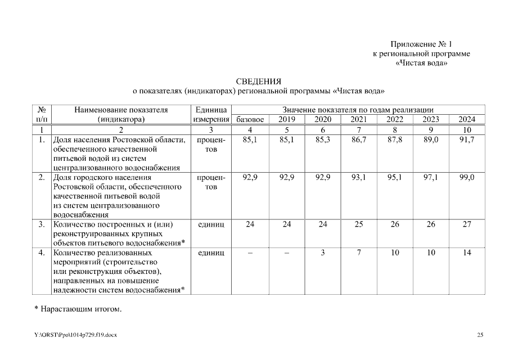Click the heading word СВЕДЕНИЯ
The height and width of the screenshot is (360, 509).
click(258, 82)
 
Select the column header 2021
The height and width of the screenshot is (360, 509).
click(359, 119)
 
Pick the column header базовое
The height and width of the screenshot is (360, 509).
click(250, 119)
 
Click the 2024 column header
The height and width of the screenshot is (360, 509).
click(467, 119)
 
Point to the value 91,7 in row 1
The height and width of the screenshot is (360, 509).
click(467, 140)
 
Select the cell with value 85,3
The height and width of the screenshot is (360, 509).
click(323, 140)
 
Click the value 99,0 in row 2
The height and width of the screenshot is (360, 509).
click(467, 177)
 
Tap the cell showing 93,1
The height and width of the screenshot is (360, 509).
click(359, 177)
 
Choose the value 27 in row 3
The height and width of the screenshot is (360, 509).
click(467, 224)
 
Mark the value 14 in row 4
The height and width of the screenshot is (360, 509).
click(467, 253)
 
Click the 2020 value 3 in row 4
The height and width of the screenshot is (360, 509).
click(323, 253)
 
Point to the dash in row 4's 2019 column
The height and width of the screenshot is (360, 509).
click(286, 253)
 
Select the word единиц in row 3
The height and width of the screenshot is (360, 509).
click(211, 224)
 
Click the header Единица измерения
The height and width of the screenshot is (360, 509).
click(211, 114)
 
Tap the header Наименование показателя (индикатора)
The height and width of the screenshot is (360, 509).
click(121, 114)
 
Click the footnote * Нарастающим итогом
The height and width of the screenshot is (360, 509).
click(78, 309)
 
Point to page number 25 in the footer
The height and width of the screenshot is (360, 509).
click(480, 335)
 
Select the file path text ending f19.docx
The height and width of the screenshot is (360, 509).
click(76, 335)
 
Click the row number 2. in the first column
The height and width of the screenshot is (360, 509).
click(42, 177)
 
